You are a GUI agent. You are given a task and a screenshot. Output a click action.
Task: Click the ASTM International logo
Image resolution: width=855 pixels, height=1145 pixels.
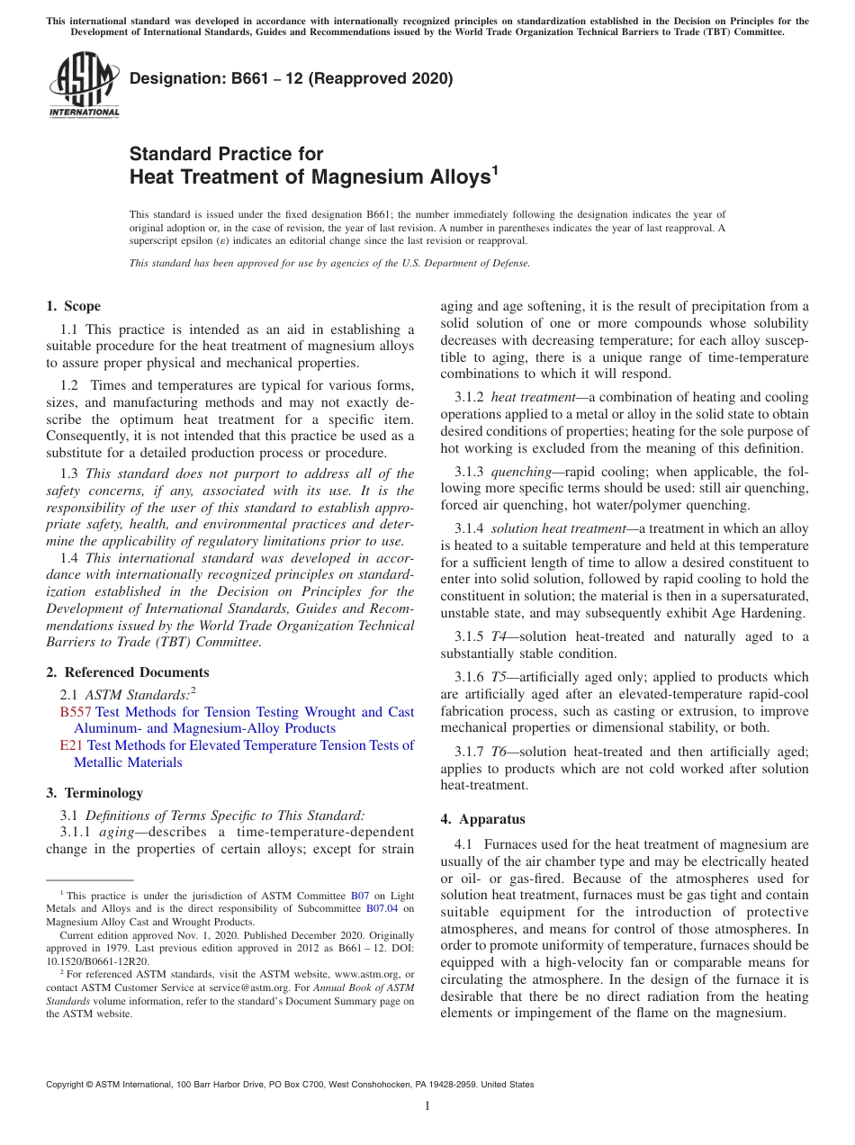click(84, 85)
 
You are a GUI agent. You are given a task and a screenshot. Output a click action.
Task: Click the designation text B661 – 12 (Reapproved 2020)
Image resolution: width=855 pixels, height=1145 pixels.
click(291, 78)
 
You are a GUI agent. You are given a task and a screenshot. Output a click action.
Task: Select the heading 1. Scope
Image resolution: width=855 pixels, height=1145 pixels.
click(73, 306)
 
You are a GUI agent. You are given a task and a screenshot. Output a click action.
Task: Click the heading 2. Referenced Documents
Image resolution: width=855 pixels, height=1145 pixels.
click(128, 672)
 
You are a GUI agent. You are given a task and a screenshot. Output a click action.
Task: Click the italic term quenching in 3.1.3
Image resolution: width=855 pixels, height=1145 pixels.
click(520, 472)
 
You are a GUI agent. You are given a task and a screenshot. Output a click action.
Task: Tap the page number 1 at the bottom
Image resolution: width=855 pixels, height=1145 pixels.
click(427, 1105)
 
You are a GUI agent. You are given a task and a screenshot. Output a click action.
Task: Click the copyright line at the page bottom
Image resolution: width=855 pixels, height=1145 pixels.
click(290, 1085)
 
